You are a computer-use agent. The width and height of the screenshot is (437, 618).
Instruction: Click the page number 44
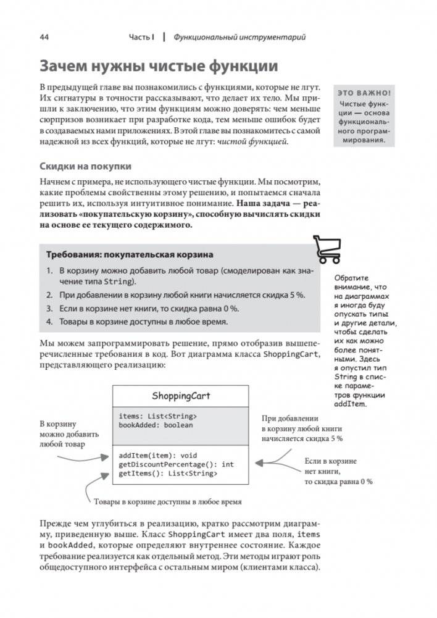[x=44, y=37]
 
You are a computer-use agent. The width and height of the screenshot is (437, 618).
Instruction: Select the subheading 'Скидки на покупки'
[x=85, y=166]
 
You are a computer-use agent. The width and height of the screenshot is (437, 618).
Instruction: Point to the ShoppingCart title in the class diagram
[x=181, y=395]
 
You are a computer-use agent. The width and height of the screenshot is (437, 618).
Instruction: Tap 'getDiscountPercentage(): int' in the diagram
[x=176, y=464]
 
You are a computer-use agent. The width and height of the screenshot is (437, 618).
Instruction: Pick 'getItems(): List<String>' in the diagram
[x=167, y=474]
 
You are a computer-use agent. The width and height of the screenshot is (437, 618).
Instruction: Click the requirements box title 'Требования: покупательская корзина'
[x=130, y=254]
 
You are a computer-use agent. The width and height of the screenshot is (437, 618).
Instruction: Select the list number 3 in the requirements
[x=50, y=308]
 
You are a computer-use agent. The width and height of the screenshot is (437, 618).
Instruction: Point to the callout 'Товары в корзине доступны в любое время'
[x=167, y=501]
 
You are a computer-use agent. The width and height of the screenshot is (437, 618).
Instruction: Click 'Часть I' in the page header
[x=141, y=37]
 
